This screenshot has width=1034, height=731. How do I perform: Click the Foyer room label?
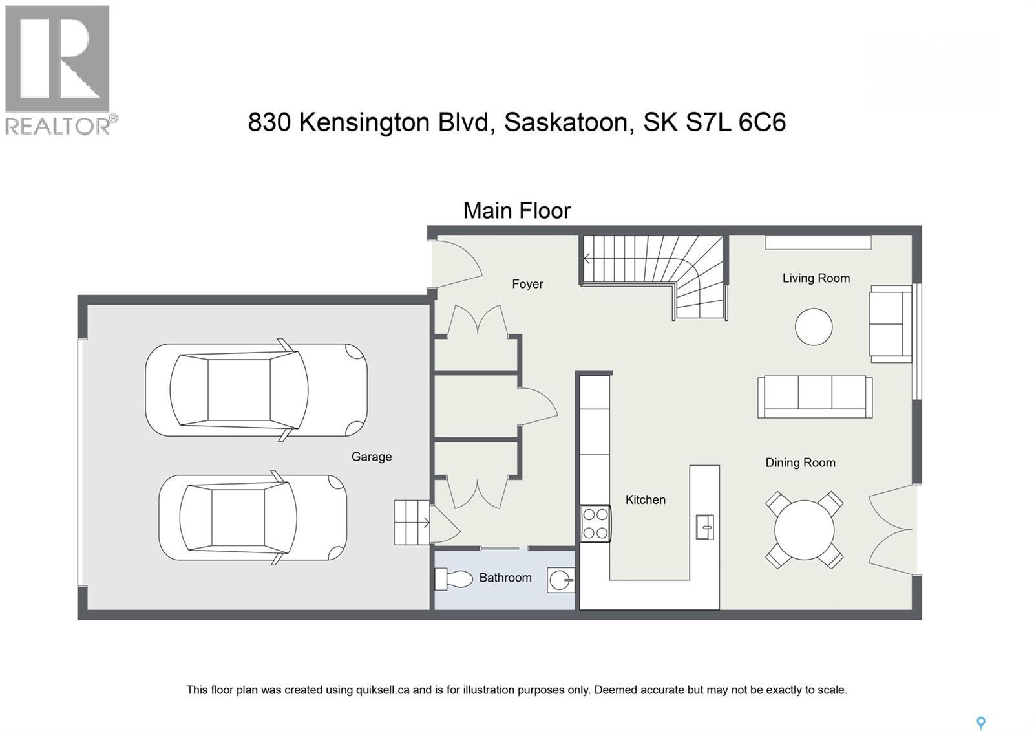point(527,284)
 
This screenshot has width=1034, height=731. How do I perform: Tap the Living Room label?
point(816,278)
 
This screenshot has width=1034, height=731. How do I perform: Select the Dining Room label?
point(800,463)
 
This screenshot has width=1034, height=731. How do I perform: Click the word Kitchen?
point(645,499)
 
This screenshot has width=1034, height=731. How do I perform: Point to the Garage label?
point(372,457)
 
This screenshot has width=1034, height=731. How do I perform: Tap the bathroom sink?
point(560,580)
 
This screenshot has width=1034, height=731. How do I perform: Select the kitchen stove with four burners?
point(595,523)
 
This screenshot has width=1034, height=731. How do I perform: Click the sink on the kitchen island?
point(704,527)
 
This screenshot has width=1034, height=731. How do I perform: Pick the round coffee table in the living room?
point(814,327)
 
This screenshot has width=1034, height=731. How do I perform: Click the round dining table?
point(804,530)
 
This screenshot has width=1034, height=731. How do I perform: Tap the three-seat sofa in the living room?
point(815,396)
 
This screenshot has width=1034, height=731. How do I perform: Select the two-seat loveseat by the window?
point(891,323)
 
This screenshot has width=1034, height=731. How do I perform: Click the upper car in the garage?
point(256,390)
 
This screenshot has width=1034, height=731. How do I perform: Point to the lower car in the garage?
point(253,518)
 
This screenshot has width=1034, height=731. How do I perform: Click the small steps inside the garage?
point(411,522)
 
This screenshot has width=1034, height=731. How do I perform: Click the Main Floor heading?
point(517,211)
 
